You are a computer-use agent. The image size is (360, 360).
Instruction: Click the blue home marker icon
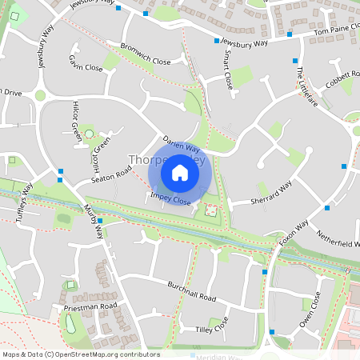tap(180, 173)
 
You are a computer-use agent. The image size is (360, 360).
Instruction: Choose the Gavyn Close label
tap(86, 63)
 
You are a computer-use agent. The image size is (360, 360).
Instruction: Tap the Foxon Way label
tap(294, 232)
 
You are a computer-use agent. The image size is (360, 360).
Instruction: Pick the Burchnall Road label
tap(192, 291)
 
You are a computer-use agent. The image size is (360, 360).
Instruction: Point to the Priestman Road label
tap(90, 306)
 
